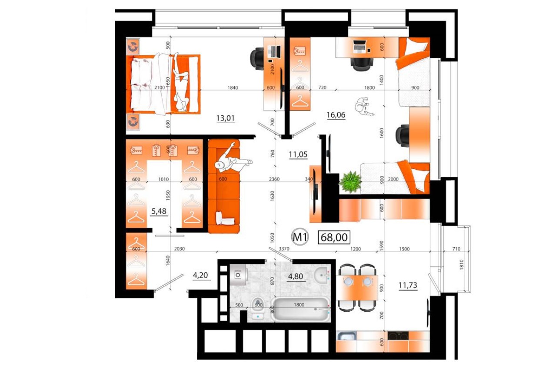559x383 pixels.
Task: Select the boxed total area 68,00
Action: click(x=334, y=238)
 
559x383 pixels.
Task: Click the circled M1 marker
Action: click(x=300, y=238)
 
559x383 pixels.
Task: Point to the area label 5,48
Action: click(x=159, y=211)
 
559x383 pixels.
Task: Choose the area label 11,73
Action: click(x=408, y=286)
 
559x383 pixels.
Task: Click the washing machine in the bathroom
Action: click(x=238, y=274)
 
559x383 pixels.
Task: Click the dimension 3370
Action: click(x=284, y=249)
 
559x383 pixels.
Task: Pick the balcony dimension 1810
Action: click(x=461, y=264)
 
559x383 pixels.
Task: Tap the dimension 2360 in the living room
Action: click(x=274, y=179)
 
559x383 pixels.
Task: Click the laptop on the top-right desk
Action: click(x=360, y=46)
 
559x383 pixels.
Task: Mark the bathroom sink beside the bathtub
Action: click(x=322, y=274)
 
